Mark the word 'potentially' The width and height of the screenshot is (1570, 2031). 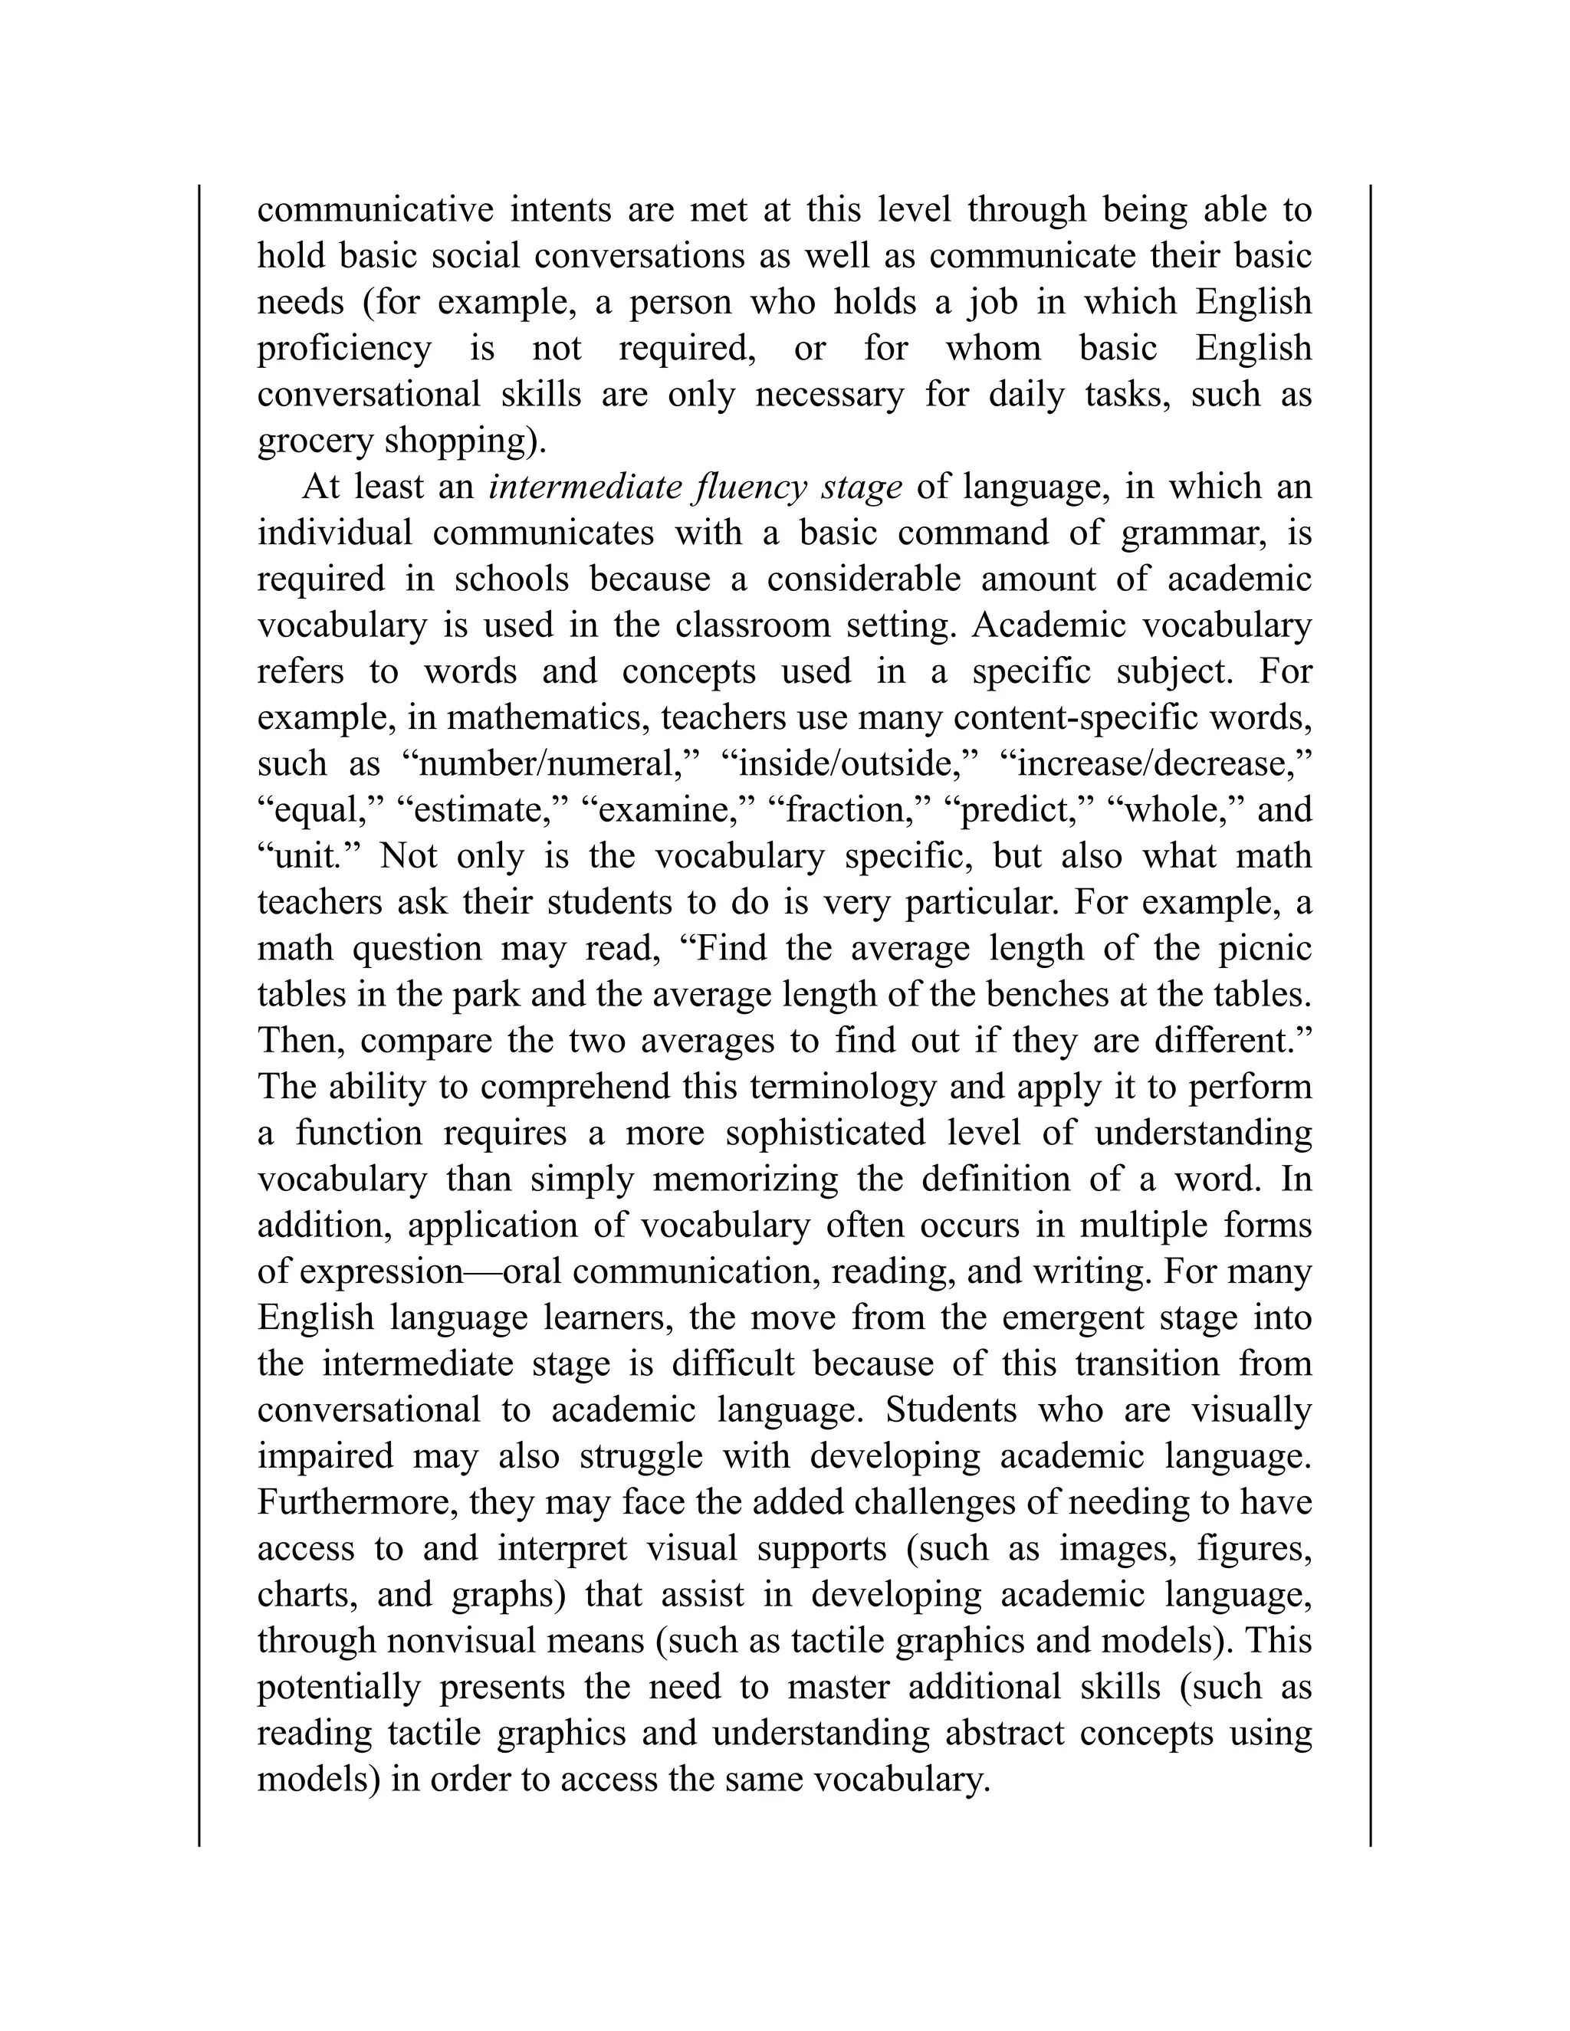339,1687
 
